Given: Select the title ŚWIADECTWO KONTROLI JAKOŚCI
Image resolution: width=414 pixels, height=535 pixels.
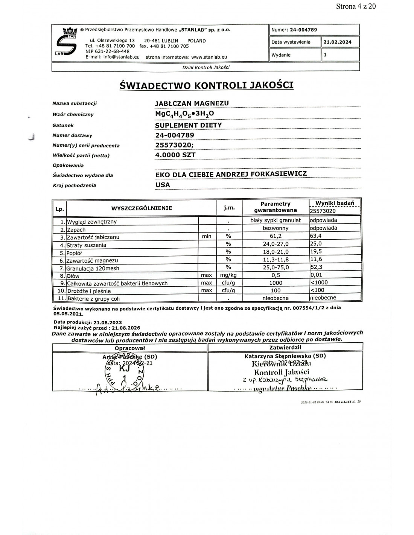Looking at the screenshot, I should click(206, 85).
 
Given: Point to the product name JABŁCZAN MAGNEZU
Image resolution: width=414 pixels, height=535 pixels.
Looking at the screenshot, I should click(192, 103).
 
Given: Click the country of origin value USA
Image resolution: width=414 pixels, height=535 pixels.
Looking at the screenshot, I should click(163, 185).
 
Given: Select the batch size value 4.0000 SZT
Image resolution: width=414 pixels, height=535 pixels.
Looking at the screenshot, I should click(175, 155).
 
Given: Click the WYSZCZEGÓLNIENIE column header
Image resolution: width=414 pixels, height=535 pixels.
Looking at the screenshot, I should click(142, 208).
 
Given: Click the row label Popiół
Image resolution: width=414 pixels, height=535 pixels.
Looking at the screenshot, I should click(74, 253).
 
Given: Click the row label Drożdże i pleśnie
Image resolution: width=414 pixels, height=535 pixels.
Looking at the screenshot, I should click(85, 291).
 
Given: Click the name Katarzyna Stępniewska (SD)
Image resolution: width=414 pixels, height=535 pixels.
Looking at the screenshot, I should click(285, 356).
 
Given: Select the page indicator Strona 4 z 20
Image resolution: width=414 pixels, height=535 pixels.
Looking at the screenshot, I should click(356, 6).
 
